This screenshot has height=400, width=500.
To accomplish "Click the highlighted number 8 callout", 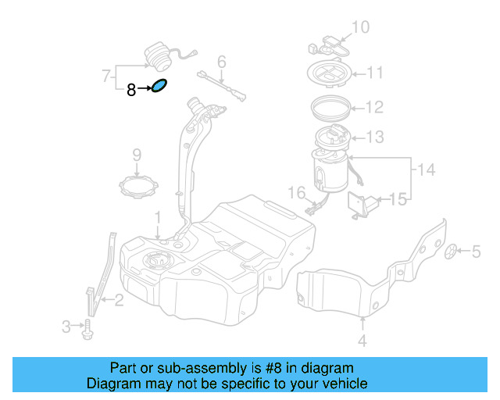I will [131, 91].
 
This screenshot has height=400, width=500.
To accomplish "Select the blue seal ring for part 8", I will [159, 86].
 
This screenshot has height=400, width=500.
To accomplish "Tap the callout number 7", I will [106, 76].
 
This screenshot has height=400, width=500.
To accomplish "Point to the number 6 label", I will [221, 61].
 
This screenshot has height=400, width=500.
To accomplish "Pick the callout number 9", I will [136, 155].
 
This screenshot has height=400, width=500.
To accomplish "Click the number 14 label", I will [424, 169].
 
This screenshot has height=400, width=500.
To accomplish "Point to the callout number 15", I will [398, 200].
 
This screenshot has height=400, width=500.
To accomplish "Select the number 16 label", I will [296, 192].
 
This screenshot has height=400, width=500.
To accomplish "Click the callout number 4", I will [362, 341].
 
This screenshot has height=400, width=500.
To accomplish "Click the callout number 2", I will [119, 298].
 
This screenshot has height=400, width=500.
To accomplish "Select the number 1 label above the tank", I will [157, 216].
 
